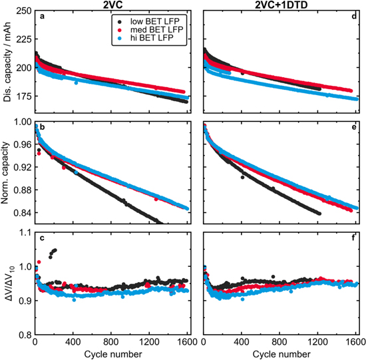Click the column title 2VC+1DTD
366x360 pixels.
pos(279,5)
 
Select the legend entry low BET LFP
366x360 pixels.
pos(142,21)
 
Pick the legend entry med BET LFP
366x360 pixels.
pos(144,30)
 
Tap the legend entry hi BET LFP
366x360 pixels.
pos(140,40)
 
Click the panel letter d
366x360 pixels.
pos(353,16)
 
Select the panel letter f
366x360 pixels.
pos(354,238)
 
